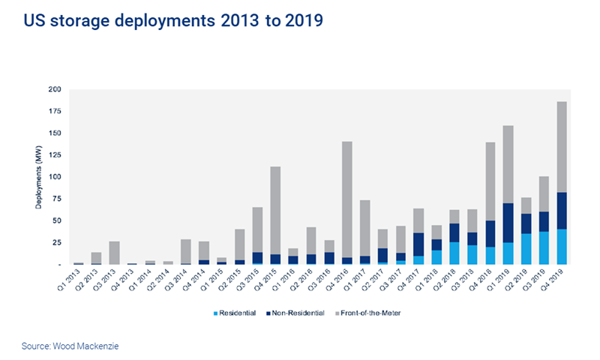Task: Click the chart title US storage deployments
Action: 173,22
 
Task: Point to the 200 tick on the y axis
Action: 55,89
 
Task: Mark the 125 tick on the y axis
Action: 55,155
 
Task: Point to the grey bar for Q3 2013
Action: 115,253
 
